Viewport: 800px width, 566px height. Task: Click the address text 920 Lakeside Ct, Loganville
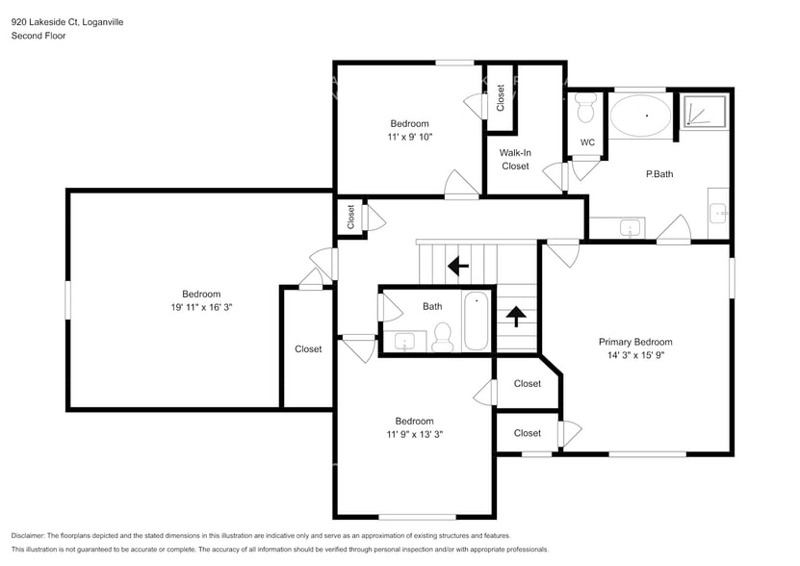(x=67, y=21)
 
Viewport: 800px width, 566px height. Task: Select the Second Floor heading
(x=38, y=36)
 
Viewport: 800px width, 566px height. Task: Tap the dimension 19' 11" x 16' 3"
(x=201, y=308)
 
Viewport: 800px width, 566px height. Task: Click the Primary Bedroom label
(x=634, y=342)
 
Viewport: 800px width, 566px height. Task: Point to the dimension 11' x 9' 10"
(x=409, y=137)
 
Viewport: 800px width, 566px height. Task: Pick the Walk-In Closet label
(x=514, y=159)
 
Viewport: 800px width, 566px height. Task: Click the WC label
(x=587, y=142)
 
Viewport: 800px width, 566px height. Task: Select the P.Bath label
(x=658, y=174)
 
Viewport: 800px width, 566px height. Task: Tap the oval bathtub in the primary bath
(x=639, y=116)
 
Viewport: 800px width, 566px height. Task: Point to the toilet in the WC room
(x=584, y=111)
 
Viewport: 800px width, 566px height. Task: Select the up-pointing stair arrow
(x=516, y=314)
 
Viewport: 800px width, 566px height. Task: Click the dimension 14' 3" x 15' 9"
(x=634, y=355)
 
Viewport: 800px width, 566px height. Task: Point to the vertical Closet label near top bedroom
(x=501, y=96)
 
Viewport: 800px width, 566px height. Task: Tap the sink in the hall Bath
(x=404, y=341)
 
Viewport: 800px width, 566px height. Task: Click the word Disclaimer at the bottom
(x=34, y=535)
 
